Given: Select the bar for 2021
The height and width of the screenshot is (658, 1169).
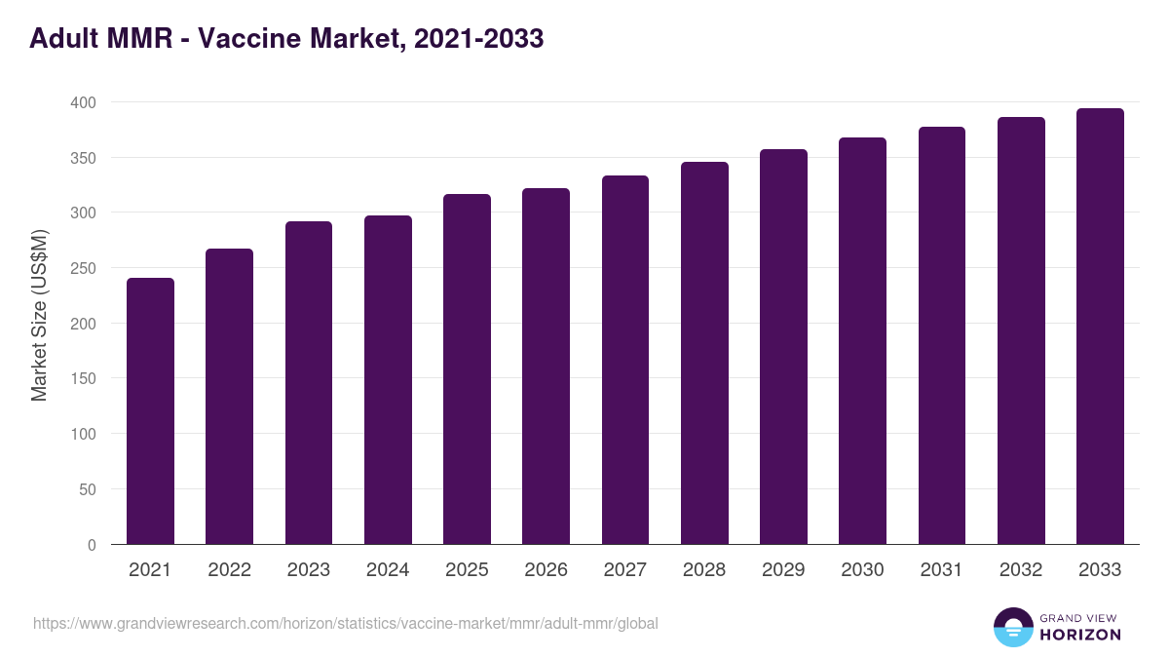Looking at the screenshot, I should point(150,411).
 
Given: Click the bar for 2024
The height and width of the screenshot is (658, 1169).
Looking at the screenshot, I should point(388,380).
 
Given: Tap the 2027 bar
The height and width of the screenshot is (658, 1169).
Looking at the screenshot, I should point(625,360).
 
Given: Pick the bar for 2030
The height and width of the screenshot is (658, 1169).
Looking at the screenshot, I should point(862,341).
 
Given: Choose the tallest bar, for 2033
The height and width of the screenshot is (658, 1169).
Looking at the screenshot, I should point(1100,327).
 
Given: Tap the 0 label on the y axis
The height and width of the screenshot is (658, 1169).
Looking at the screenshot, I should point(92,545).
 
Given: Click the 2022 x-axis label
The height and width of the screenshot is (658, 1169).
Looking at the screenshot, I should point(229,570).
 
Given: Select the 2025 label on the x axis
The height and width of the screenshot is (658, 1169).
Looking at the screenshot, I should point(467,570).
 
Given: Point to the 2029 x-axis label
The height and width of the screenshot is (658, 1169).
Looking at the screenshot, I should point(783,570).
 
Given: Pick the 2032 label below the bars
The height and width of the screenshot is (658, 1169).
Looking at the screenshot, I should point(1021,570).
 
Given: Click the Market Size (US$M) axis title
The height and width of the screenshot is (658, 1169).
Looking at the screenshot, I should point(39,315).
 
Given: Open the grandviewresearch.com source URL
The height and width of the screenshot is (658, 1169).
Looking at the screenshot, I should point(346,623).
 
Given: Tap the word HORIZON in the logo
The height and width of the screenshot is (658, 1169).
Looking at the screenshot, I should point(1080,635).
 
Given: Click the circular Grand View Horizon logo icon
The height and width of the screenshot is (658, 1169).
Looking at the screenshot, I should point(1013,627).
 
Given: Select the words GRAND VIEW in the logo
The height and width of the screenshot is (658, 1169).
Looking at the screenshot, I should point(1080,617).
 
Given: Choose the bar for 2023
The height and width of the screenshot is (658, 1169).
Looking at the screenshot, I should point(309,383).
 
